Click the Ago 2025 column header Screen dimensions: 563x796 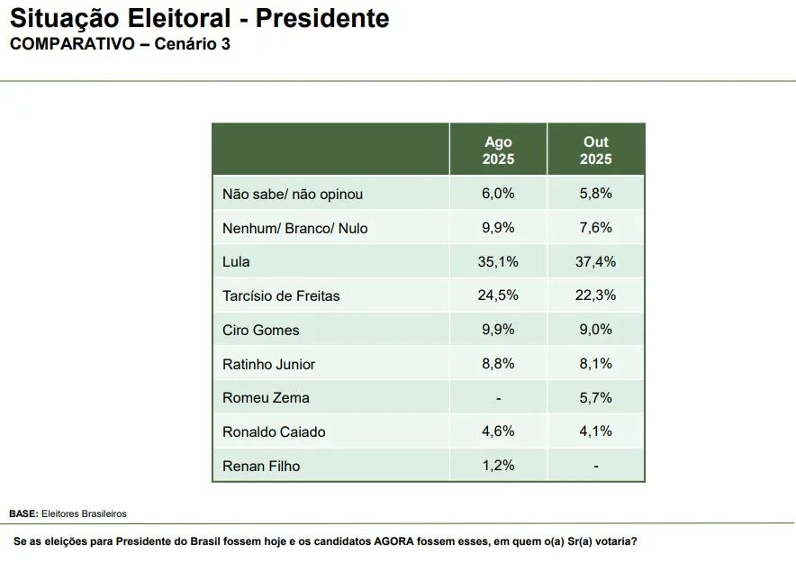498,150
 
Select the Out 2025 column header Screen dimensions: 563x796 595,150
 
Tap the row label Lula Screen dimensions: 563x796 236,262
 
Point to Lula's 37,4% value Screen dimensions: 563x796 595,262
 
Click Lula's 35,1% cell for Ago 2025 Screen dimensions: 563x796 498,262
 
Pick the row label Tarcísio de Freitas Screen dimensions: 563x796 281,295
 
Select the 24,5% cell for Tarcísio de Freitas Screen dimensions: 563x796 498,295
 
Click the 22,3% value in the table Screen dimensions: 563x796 595,295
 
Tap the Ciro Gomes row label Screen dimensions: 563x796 261,330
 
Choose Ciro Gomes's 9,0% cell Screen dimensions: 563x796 595,330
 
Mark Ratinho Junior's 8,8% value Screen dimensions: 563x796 498,364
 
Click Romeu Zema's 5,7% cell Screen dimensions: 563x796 595,397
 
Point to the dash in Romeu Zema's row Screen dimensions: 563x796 498,397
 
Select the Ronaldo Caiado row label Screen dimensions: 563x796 274,431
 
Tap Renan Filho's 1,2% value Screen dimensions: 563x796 498,466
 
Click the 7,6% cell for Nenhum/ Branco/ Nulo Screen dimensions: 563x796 595,228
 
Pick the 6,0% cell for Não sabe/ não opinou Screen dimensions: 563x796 498,194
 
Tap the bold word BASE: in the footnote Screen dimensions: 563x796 23,513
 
